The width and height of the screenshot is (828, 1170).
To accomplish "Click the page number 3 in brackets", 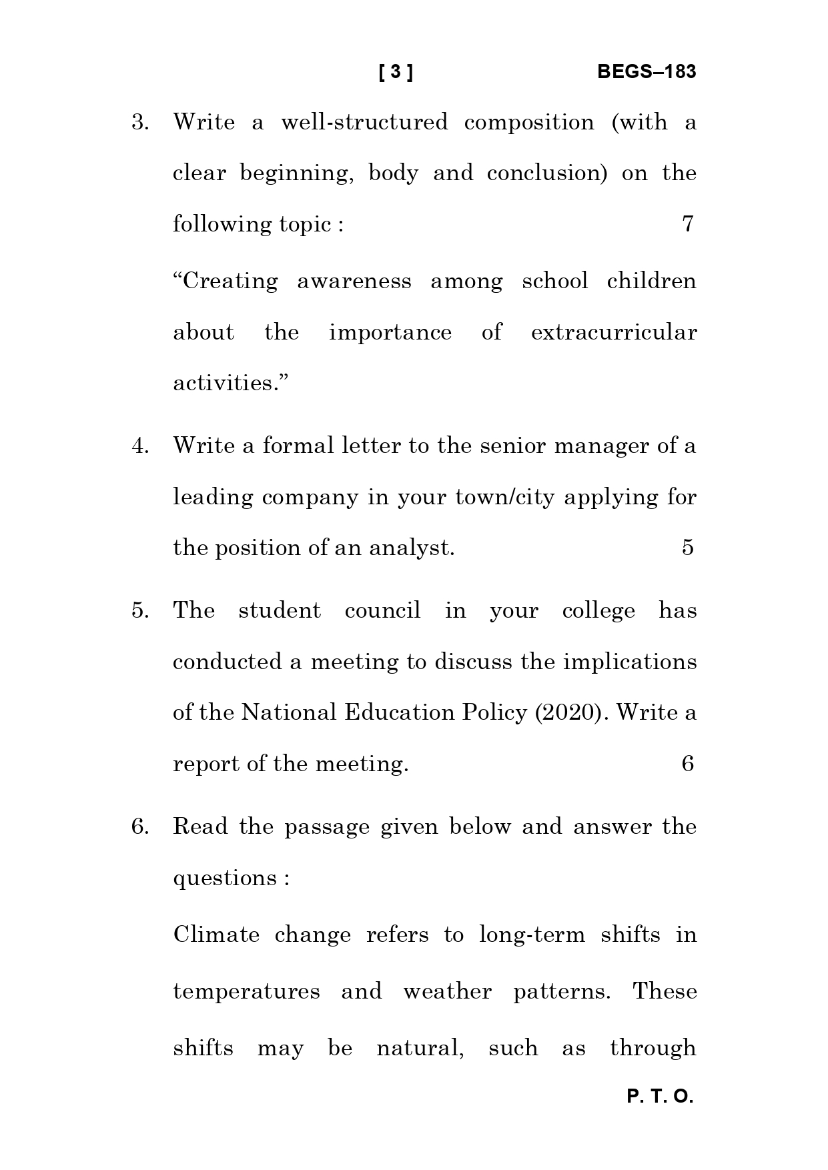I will coord(396,72).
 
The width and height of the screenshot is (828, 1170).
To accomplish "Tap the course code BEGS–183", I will coord(646,72).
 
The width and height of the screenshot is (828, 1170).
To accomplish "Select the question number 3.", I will coord(139,123).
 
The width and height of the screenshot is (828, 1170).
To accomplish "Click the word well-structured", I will coord(364,123).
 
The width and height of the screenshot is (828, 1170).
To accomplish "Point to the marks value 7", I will coord(688,224).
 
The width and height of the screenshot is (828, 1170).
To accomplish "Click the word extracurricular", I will coord(613,332).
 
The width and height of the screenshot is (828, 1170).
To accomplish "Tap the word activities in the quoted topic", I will coord(226,384).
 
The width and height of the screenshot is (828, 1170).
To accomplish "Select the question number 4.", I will coord(139,446).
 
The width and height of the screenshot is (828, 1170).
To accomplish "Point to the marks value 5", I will coord(688,548).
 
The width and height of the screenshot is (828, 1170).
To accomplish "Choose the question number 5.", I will coord(139,611).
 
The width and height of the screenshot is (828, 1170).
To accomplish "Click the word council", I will coord(382,611).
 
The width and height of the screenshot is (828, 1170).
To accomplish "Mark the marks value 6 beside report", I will coord(688,764).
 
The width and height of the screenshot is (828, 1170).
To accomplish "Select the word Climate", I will coord(216,935).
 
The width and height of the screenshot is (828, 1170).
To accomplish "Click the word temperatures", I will coord(246,992).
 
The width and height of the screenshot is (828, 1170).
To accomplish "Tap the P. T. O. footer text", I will coord(660,1097).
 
